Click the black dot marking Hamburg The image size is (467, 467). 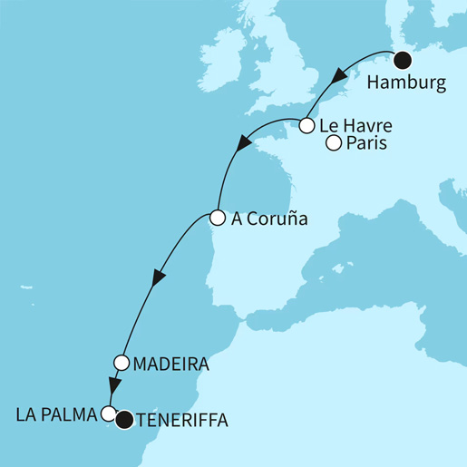pos(403,62)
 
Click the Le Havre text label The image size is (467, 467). pos(355,125)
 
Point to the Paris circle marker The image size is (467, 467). pos(333,143)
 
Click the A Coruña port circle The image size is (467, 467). pos(217,218)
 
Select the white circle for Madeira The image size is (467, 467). pos(122,363)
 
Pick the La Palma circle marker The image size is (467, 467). pos(109,414)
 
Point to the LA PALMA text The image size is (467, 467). pos(55,416)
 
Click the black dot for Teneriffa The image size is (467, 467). pos(124,419)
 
